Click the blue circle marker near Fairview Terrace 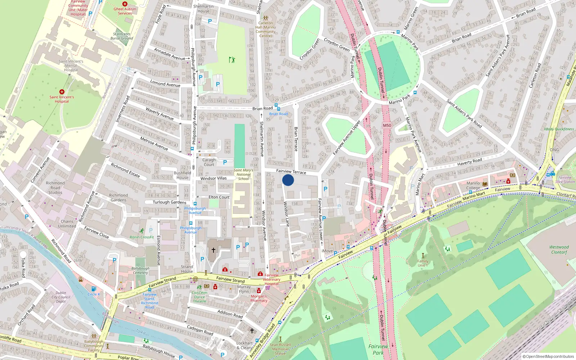(288, 180)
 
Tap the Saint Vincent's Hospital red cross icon (62, 92)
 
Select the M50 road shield (387, 125)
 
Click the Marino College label (473, 185)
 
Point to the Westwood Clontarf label (559, 249)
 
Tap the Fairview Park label (378, 349)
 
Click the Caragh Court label (209, 162)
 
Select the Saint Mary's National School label (243, 174)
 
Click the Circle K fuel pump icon (94, 289)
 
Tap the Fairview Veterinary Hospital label (271, 279)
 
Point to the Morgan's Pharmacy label (259, 298)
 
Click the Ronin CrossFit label (142, 237)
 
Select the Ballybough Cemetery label (140, 270)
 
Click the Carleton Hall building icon (266, 18)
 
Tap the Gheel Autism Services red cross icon (125, 4)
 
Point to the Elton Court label (219, 197)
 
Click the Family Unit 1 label (423, 263)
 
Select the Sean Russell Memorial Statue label (280, 349)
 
